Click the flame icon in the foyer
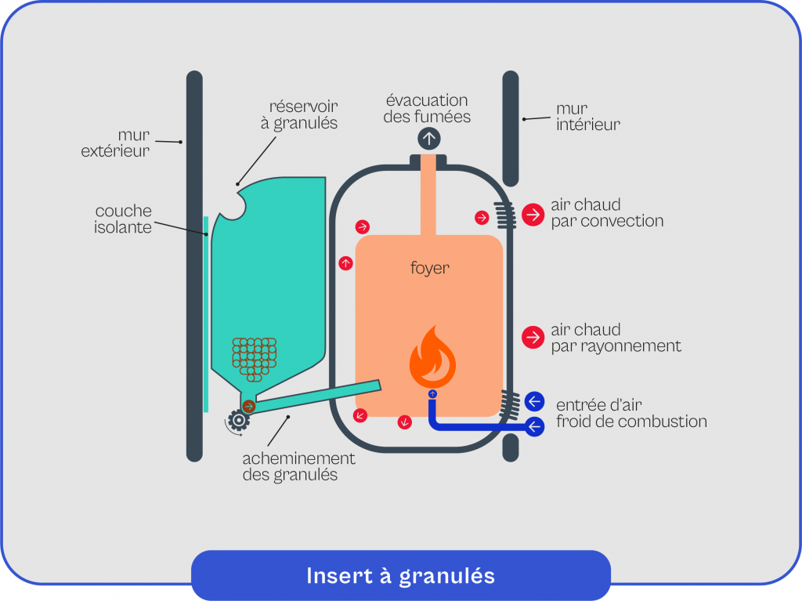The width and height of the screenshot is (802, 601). [x=432, y=358]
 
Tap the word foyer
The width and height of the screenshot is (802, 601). [x=430, y=269]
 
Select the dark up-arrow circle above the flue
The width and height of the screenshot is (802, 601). [x=429, y=139]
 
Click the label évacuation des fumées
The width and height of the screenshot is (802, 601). [x=428, y=109]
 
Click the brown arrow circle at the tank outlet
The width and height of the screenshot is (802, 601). [x=249, y=406]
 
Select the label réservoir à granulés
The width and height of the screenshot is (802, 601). [x=302, y=114]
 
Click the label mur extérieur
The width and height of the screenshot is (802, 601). [x=115, y=143]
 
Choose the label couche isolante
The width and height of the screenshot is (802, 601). [x=124, y=219]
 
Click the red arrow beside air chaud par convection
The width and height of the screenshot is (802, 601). [x=533, y=214]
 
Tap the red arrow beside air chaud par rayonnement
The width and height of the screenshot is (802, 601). [x=533, y=338]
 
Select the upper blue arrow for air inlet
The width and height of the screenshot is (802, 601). [x=534, y=401]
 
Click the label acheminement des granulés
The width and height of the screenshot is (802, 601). [x=298, y=466]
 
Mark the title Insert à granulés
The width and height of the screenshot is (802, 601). [x=400, y=576]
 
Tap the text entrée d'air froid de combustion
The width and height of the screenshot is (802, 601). [x=631, y=413]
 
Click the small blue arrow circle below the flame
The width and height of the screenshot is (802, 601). [x=432, y=393]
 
